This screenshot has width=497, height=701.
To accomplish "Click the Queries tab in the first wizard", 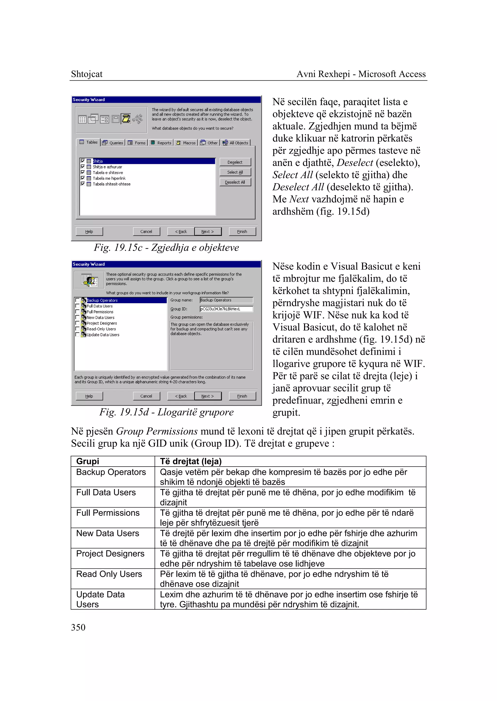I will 113,143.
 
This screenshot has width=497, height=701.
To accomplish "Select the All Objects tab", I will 236,143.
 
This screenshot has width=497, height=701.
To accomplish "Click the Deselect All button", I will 235,182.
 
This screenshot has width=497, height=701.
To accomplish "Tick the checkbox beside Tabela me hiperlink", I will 83,178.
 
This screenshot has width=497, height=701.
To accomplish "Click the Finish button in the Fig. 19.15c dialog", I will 242,231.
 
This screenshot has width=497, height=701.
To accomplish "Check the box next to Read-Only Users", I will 77,329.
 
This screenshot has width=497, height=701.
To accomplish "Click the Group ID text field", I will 226,309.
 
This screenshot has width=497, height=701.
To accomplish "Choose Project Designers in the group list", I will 102,323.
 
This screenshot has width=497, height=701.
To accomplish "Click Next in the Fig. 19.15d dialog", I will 207,396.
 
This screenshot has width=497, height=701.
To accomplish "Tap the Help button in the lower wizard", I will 89,396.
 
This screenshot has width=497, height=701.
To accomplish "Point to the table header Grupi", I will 88,461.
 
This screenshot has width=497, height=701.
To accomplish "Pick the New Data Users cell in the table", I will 108,533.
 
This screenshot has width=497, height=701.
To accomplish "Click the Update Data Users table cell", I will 100,599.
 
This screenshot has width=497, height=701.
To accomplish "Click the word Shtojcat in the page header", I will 87,74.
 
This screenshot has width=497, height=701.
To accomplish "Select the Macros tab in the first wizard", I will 186,143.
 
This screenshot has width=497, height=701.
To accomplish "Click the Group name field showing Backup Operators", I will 226,300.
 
